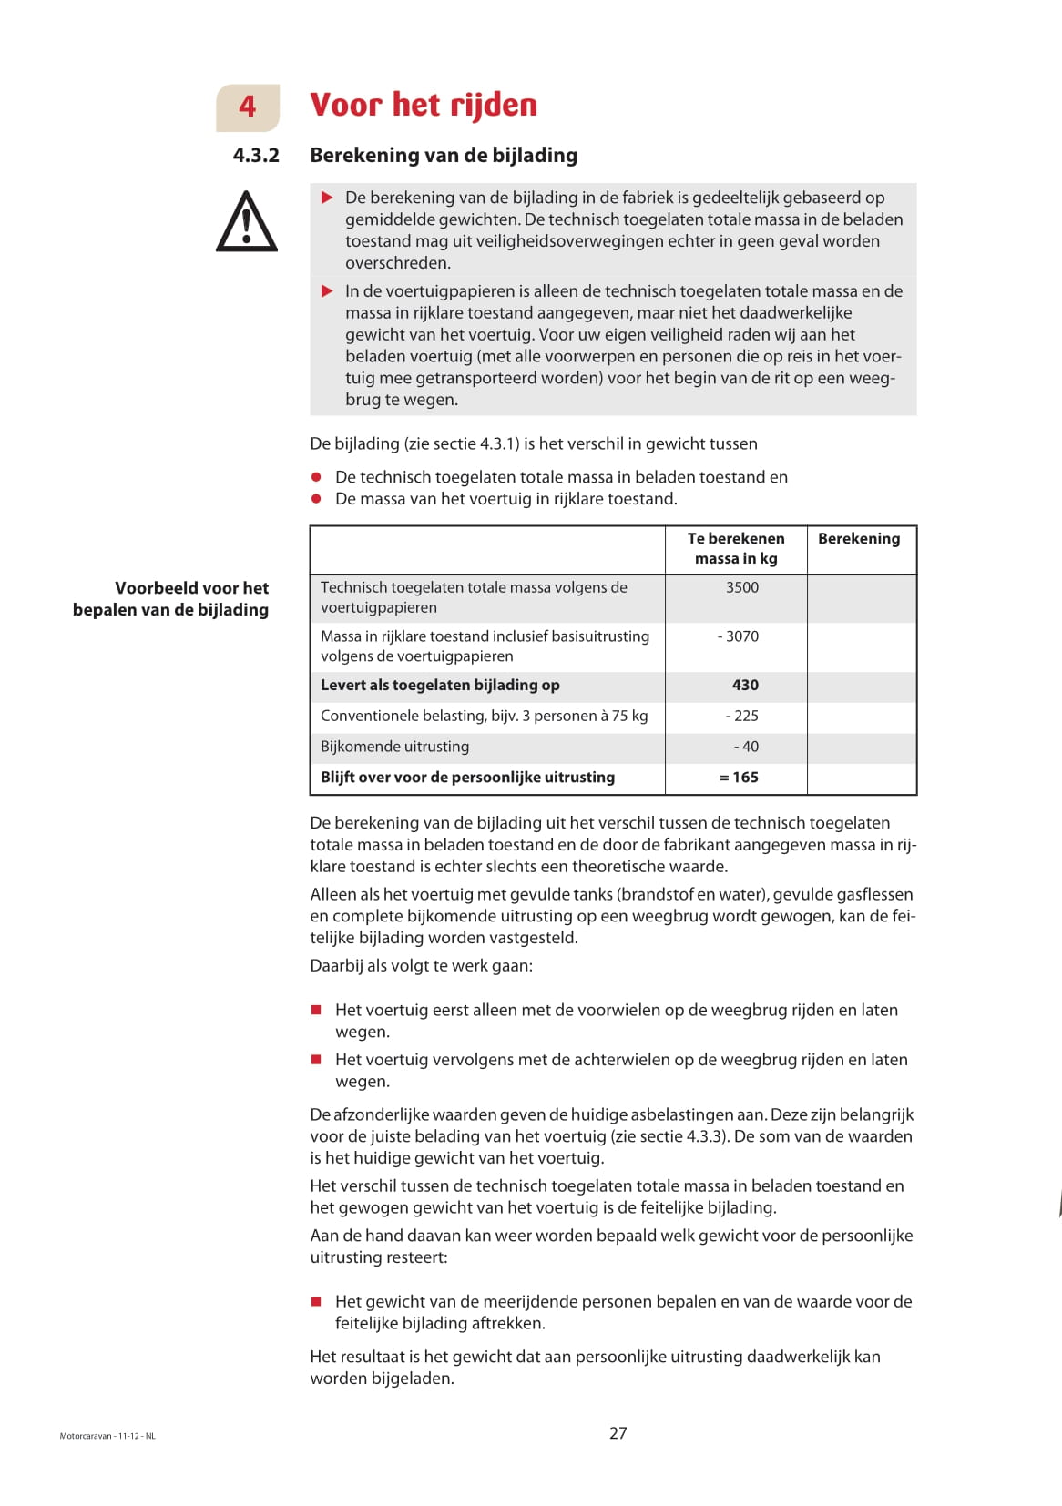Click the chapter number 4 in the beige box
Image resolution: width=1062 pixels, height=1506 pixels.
(x=247, y=107)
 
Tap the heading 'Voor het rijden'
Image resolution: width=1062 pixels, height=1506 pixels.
(x=424, y=106)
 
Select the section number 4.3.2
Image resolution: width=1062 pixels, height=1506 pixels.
(x=256, y=156)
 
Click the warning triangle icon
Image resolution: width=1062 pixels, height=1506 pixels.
(x=246, y=222)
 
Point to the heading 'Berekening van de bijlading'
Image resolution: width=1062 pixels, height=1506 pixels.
(x=444, y=156)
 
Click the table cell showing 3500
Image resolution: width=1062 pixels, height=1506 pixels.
(x=741, y=588)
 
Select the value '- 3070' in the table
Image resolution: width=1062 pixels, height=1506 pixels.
(x=738, y=636)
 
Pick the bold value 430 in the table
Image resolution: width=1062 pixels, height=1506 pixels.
(x=745, y=686)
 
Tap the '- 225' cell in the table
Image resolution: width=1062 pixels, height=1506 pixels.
(x=741, y=717)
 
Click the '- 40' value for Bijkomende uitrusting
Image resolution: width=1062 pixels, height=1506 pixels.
(x=746, y=748)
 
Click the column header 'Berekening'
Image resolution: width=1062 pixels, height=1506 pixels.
(x=859, y=539)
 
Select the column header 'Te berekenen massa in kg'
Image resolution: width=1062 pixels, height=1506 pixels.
(x=736, y=549)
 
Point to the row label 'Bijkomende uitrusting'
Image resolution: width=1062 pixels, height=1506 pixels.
(x=394, y=748)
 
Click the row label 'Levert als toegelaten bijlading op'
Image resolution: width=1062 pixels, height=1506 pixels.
(x=440, y=686)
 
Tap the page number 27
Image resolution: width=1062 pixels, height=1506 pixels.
(x=618, y=1433)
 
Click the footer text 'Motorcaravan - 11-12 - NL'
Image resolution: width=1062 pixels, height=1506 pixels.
(x=107, y=1437)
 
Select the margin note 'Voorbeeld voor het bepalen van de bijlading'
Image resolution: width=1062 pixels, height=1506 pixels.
(x=171, y=599)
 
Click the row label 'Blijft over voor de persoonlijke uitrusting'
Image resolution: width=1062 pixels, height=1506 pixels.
(x=467, y=778)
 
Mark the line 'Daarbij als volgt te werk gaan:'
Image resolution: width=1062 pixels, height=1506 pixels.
(x=421, y=966)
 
